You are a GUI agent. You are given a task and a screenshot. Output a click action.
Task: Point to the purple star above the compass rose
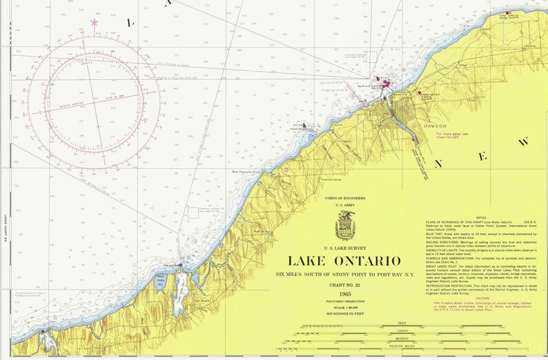[95, 23]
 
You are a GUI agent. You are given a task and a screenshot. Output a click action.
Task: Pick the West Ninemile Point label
[245, 172]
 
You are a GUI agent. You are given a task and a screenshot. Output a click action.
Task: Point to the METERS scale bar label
[402, 340]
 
